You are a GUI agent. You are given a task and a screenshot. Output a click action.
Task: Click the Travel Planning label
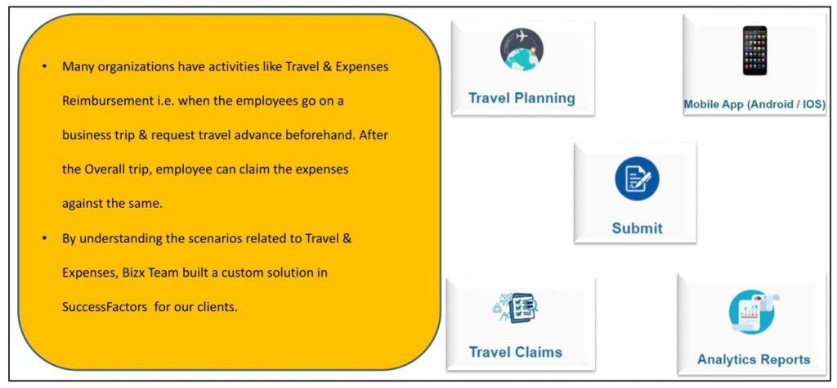point(521,98)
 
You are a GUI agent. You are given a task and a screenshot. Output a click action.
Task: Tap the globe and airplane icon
point(521,49)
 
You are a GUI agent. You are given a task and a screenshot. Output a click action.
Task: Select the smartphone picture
point(754,51)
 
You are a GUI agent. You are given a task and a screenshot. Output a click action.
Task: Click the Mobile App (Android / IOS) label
point(754,105)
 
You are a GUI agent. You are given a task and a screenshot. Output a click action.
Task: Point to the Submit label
point(637,228)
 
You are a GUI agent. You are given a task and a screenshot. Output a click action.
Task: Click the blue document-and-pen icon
point(637,178)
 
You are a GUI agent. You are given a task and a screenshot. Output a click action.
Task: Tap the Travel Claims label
point(516,352)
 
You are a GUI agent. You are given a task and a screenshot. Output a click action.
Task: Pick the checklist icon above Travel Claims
point(516,307)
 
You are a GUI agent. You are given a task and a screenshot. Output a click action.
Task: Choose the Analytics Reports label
point(754,359)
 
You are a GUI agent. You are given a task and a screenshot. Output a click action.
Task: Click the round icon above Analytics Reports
point(753,312)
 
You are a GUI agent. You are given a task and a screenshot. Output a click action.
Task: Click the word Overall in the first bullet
point(101,170)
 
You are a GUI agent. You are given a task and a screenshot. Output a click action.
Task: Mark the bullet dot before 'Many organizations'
point(45,67)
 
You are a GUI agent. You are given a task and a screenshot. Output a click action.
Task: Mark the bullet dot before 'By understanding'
point(45,238)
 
